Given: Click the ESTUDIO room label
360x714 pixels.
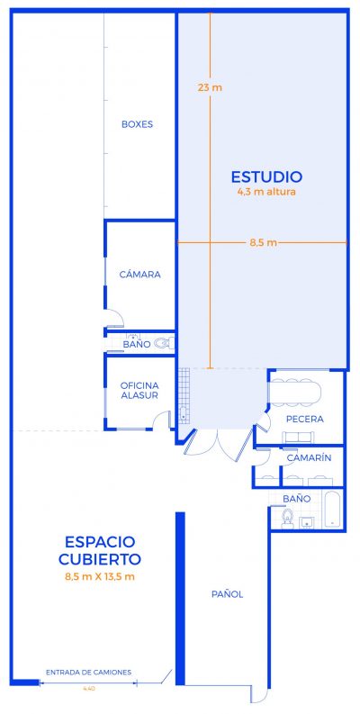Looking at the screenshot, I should (265, 176).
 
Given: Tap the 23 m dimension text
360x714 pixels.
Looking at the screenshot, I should (209, 87).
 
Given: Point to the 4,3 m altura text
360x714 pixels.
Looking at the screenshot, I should (265, 191).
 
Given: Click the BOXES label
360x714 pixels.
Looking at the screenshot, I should (137, 124).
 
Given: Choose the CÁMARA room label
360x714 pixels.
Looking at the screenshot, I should (139, 275).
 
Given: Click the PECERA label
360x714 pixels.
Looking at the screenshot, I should (304, 420).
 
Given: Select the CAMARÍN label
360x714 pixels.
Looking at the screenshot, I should (309, 458).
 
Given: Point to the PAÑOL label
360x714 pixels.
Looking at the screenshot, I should (227, 594).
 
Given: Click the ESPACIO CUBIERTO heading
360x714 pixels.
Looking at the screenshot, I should (99, 550).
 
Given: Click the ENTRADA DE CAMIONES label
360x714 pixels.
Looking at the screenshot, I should (89, 673).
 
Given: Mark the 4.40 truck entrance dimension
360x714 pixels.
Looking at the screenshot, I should (88, 689).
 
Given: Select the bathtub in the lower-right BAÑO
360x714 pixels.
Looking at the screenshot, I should (331, 511).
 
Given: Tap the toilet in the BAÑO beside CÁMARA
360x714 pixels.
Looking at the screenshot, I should (162, 343).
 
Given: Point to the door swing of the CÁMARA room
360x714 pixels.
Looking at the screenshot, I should (114, 317).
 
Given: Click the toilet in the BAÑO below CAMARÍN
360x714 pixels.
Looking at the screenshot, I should (288, 519).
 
